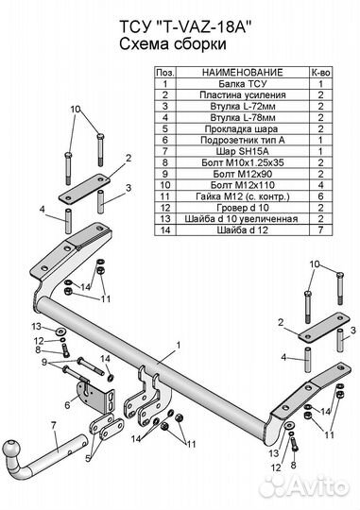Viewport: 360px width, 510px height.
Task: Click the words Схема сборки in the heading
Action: point(173,43)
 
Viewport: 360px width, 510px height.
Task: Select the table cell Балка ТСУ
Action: point(243,84)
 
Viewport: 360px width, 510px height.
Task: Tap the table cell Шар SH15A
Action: point(243,151)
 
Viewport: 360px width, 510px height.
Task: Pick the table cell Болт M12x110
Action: point(243,185)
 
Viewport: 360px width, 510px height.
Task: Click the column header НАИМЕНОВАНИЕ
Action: point(243,72)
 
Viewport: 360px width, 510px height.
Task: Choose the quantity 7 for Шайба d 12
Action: point(321,229)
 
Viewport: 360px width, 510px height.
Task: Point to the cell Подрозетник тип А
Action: point(243,140)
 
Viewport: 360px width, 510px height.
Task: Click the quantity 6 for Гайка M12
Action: point(321,196)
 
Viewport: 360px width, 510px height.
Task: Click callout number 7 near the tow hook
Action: point(53,425)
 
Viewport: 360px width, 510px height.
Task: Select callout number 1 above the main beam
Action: point(178,345)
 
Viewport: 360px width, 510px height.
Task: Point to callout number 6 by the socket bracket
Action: point(67,405)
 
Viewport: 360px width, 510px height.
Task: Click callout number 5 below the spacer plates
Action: point(88,459)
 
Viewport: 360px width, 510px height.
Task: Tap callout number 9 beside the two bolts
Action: point(44,362)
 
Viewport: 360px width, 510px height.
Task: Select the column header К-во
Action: point(320,72)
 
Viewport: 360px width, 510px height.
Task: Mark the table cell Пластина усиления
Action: point(243,95)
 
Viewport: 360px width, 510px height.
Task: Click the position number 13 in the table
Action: point(165,218)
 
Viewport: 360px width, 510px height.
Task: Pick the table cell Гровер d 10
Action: point(243,208)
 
